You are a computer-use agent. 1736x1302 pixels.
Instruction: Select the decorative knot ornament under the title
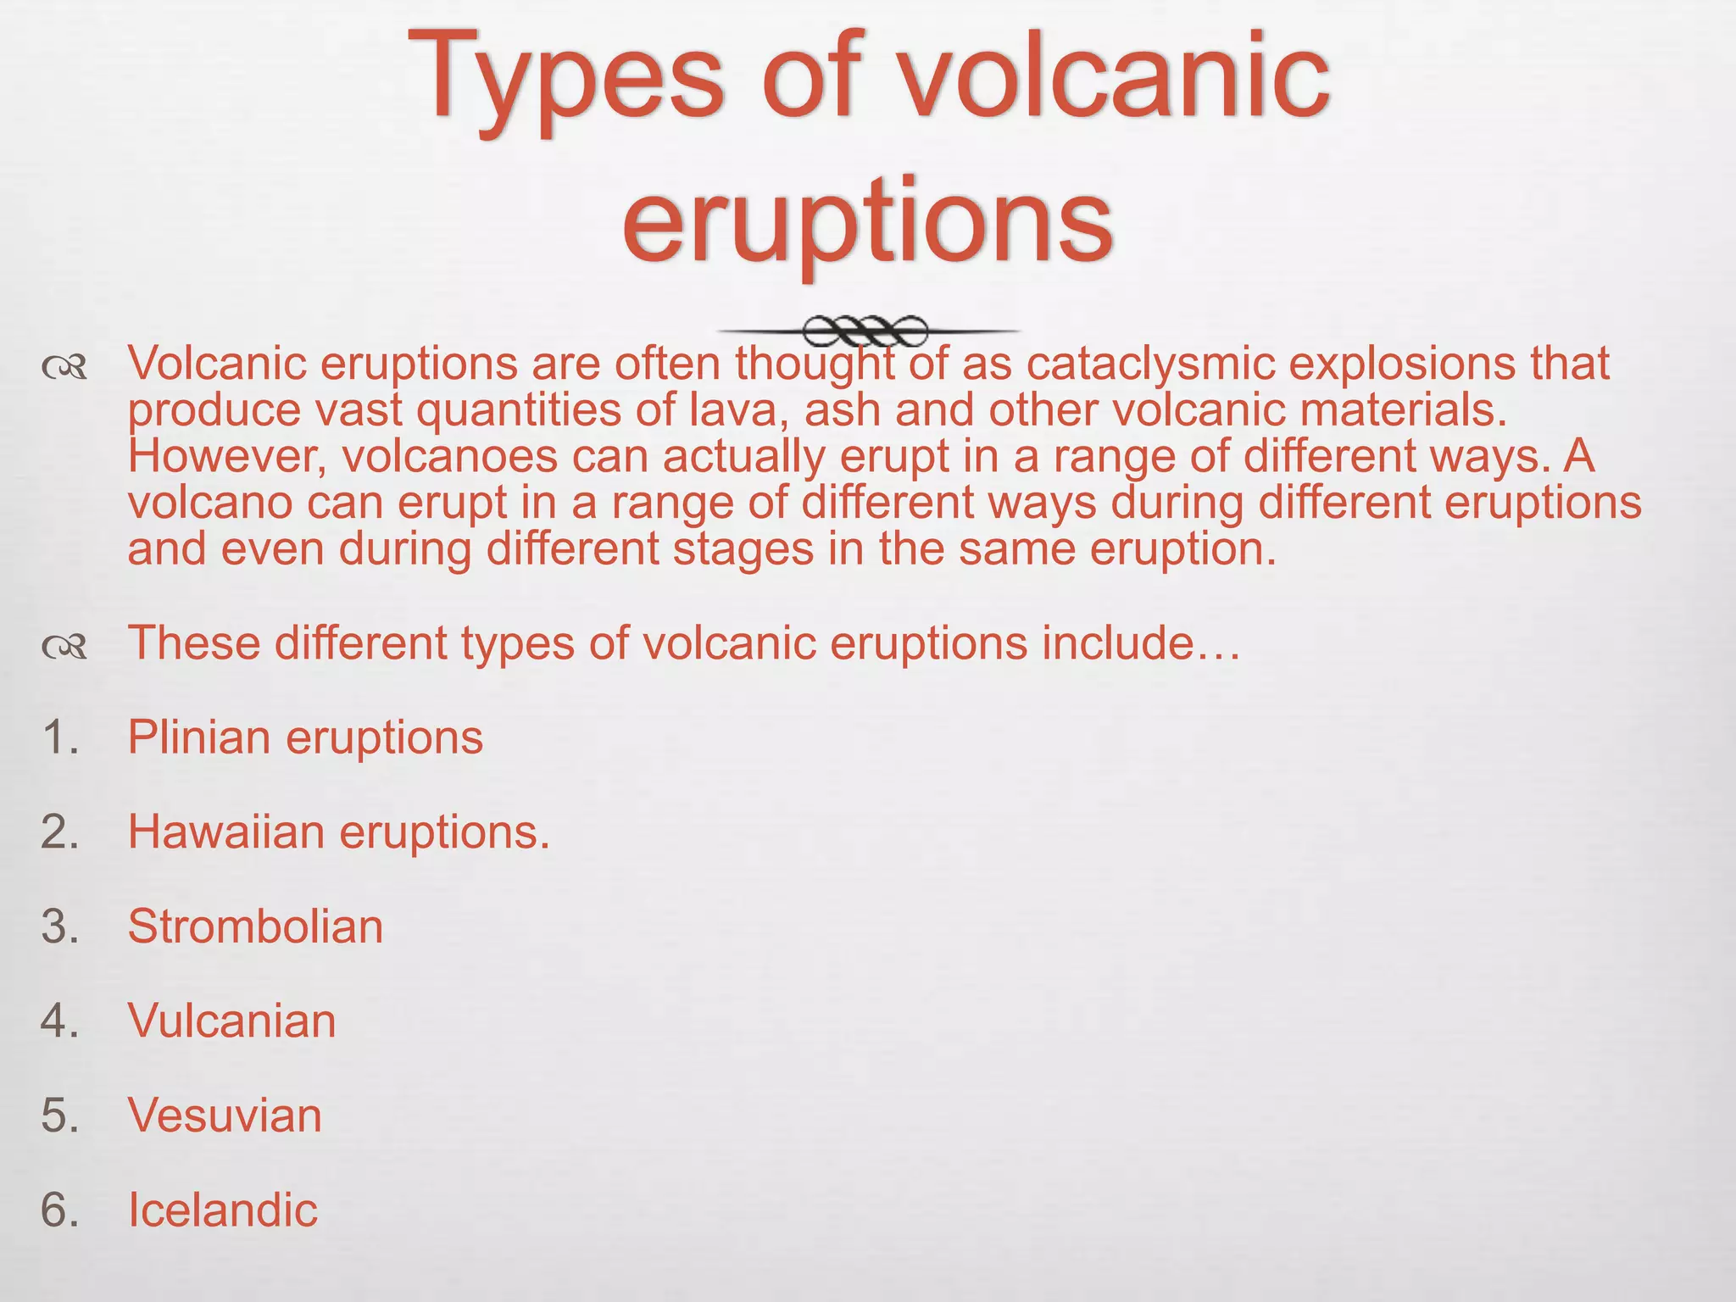(x=865, y=331)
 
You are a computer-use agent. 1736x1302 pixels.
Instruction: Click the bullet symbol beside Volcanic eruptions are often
(x=64, y=367)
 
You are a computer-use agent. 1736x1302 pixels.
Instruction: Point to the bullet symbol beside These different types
(x=64, y=648)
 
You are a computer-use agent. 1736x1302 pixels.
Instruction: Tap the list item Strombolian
(x=255, y=926)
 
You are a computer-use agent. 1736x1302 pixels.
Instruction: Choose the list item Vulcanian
(x=231, y=1021)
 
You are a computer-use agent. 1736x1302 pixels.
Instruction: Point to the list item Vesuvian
(x=225, y=1115)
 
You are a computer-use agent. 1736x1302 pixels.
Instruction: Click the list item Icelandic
(x=222, y=1210)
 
